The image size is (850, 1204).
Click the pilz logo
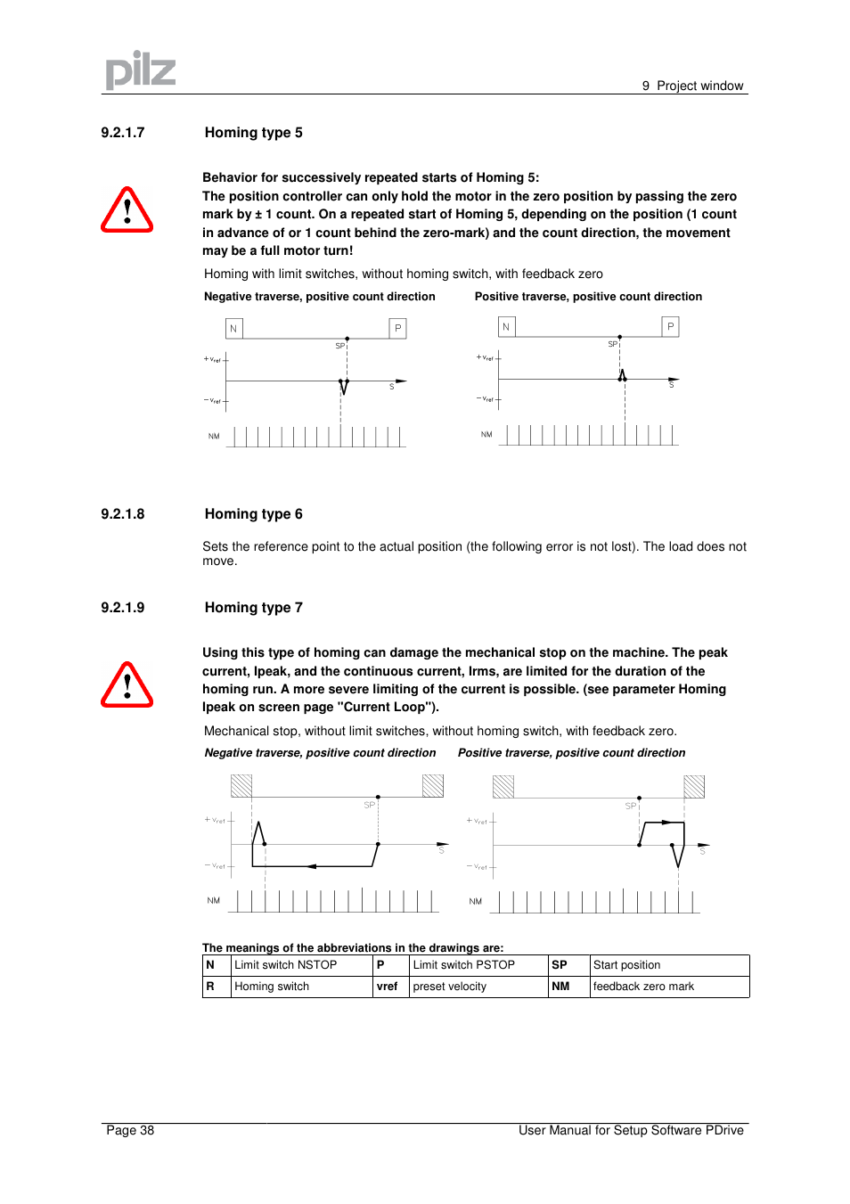point(140,70)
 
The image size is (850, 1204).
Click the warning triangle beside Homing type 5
point(127,211)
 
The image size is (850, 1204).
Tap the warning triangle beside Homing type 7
point(127,686)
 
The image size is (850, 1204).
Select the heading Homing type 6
point(253,514)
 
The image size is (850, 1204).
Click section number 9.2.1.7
point(122,133)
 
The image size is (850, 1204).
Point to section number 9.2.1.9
point(122,608)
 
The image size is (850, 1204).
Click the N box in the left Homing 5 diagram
point(233,329)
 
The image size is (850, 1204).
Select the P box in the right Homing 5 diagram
point(670,327)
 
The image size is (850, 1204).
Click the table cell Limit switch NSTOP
point(285,965)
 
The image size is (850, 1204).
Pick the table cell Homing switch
point(272,987)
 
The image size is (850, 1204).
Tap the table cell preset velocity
point(449,987)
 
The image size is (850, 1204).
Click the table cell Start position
point(626,965)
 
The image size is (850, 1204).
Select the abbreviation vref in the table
point(387,987)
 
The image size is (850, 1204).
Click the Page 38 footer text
point(130,1131)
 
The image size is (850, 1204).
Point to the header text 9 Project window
point(692,86)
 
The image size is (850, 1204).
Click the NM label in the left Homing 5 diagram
point(214,437)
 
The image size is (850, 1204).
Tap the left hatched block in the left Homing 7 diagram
point(241,785)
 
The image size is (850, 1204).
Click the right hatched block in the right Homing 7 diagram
point(694,786)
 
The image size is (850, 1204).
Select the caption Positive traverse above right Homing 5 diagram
point(588,297)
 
